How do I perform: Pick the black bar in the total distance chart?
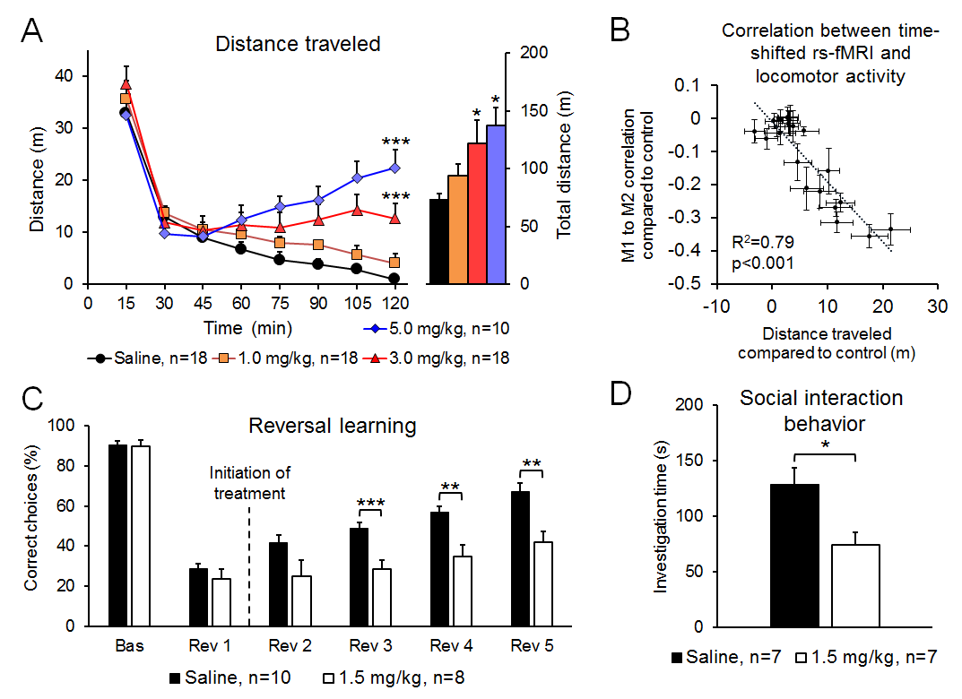438,241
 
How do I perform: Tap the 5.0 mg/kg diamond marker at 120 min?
394,168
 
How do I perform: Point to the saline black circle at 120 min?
394,279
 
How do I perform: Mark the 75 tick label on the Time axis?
280,303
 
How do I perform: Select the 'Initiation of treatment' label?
249,482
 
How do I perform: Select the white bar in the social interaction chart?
856,585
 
